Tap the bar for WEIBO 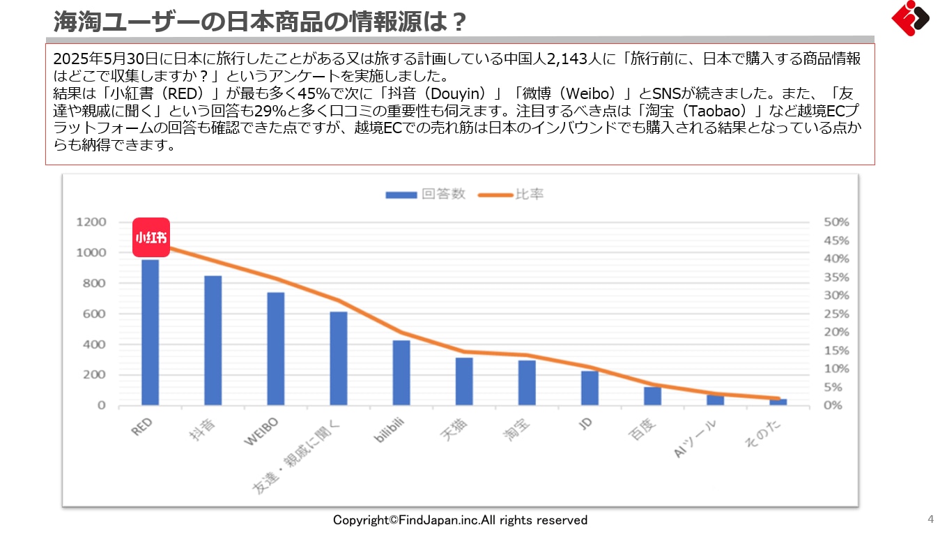pos(275,349)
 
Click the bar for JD pos(590,388)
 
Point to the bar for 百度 pos(652,396)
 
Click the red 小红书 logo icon pos(151,238)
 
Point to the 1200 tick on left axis pos(91,222)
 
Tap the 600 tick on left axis pos(95,314)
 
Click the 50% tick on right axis pos(836,222)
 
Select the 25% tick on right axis pos(836,314)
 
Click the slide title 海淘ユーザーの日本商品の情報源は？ pos(260,22)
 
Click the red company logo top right pos(910,18)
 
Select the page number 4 pos(930,519)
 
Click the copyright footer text pos(460,520)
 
